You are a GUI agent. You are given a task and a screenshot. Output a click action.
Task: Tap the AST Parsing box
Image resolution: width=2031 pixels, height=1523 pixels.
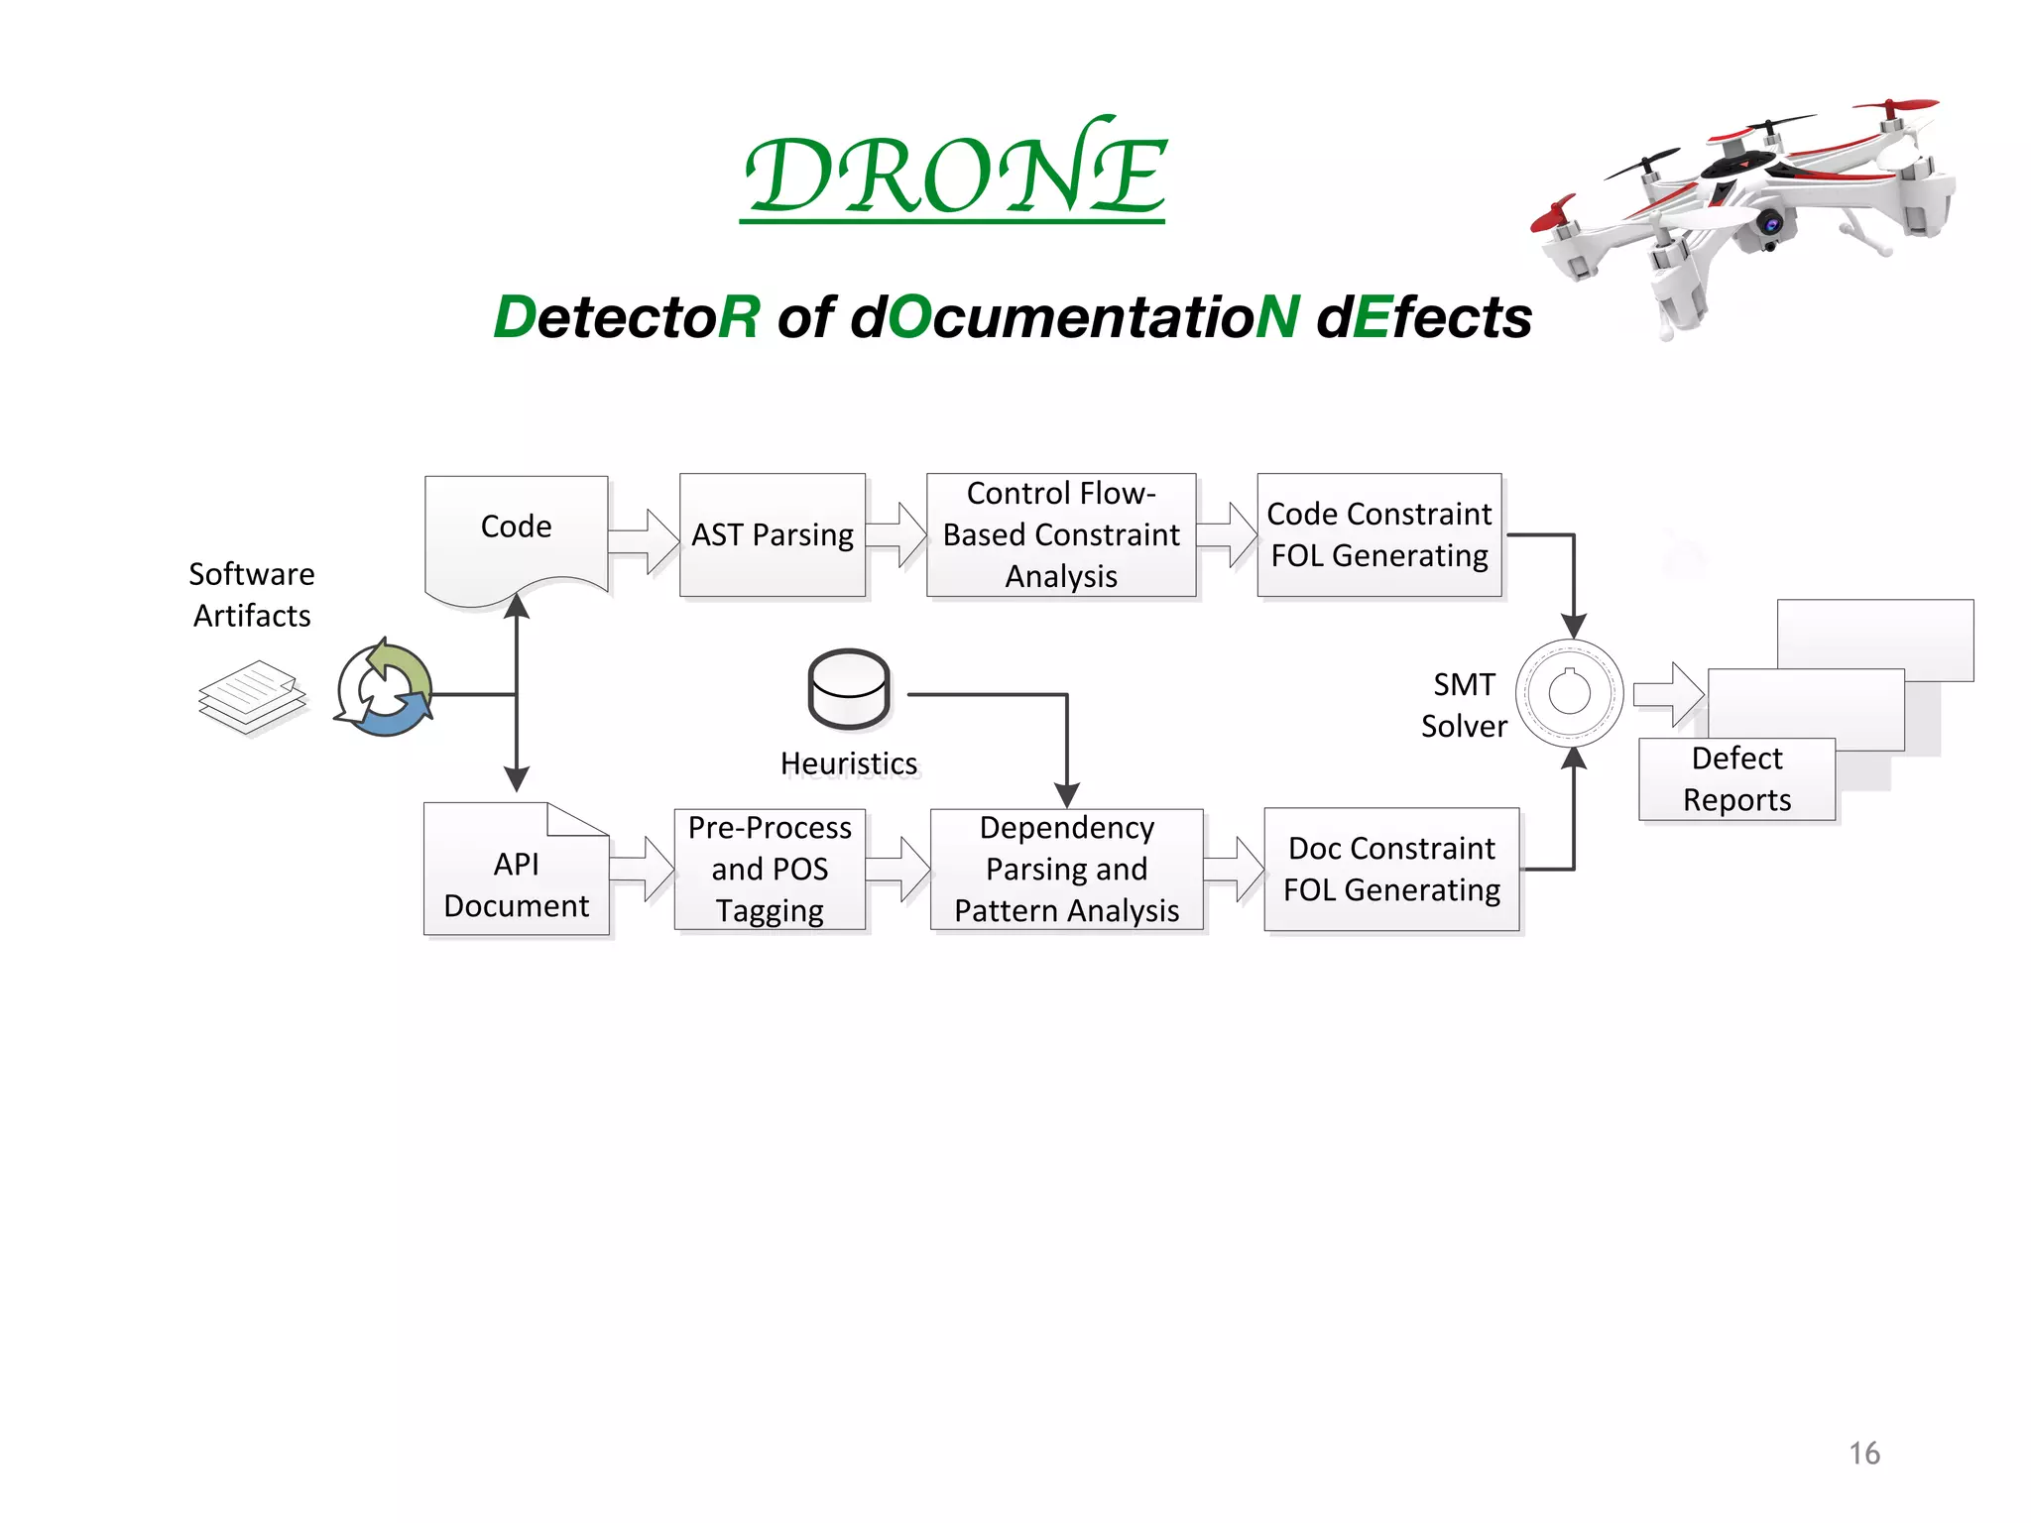pyautogui.click(x=772, y=535)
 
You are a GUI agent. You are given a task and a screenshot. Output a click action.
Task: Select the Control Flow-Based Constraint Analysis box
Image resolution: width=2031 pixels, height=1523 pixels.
pyautogui.click(x=1060, y=535)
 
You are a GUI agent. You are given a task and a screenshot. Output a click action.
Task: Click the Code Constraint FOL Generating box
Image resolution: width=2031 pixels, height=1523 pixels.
pyautogui.click(x=1378, y=535)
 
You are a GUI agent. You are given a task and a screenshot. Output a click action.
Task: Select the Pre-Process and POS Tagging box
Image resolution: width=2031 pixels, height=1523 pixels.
pyautogui.click(x=770, y=870)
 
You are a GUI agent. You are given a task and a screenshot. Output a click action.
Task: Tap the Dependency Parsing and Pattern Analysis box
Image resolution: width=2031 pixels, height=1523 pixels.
pyautogui.click(x=1066, y=870)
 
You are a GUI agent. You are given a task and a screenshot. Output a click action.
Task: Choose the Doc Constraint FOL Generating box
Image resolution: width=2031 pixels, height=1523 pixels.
pyautogui.click(x=1390, y=870)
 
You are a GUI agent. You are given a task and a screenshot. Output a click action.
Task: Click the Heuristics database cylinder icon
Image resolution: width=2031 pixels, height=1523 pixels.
pyautogui.click(x=849, y=689)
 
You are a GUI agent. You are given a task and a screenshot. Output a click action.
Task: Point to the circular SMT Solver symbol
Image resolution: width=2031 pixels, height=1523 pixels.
pyautogui.click(x=1569, y=693)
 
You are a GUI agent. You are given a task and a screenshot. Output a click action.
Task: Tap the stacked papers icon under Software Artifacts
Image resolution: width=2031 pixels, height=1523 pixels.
pyautogui.click(x=252, y=697)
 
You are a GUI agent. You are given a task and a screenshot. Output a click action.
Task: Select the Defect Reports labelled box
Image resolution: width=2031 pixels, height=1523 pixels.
pyautogui.click(x=1735, y=779)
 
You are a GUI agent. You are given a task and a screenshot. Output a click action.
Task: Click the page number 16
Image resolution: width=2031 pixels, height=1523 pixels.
pyautogui.click(x=1863, y=1454)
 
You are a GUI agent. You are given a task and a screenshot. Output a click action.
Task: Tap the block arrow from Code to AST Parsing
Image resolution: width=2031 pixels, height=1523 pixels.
pyautogui.click(x=643, y=541)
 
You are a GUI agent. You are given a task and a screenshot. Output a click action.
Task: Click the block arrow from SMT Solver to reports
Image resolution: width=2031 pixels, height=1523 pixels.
pyautogui.click(x=1669, y=694)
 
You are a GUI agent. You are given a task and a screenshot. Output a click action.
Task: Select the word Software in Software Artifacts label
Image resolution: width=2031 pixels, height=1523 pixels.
pyautogui.click(x=252, y=574)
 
